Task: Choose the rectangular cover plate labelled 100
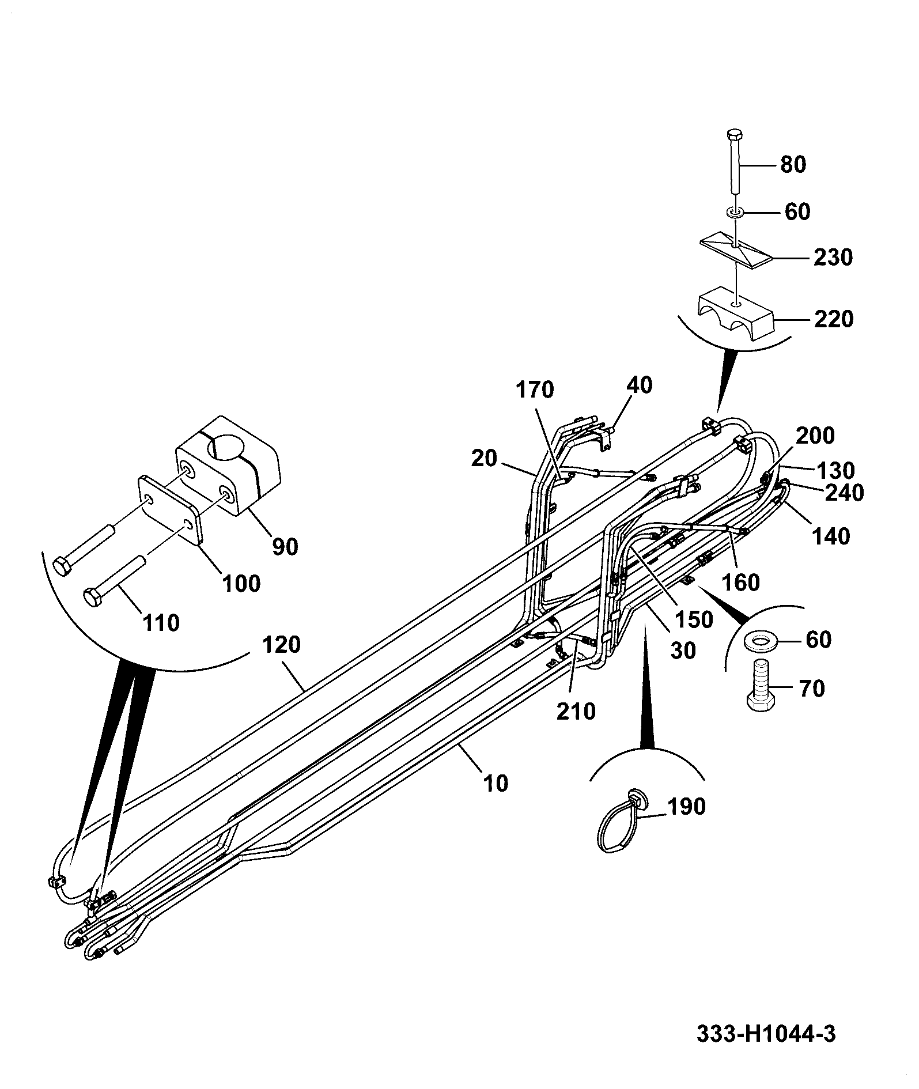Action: [x=171, y=509]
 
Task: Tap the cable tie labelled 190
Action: [x=621, y=820]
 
